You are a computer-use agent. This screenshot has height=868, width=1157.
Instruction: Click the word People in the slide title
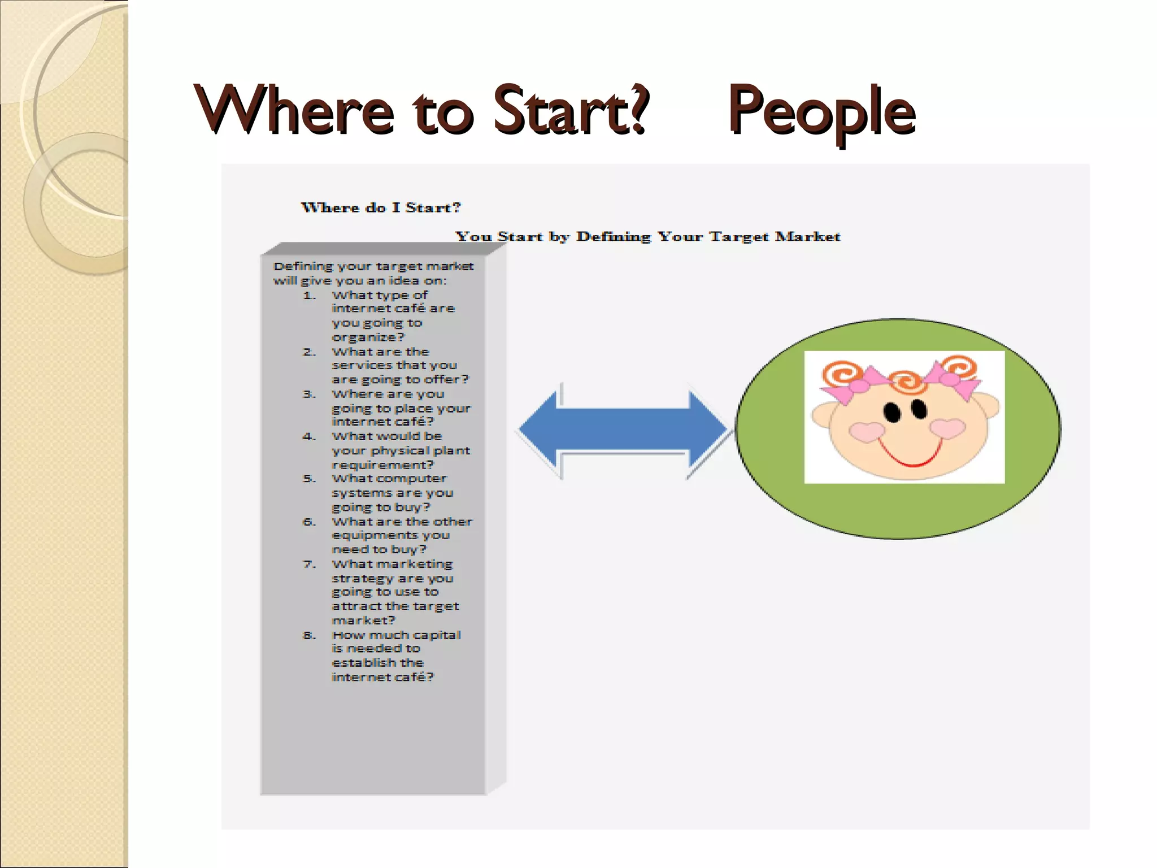tap(822, 111)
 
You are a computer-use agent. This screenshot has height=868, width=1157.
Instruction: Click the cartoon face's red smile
tap(911, 455)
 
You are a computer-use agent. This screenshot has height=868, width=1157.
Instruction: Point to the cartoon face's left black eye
tap(892, 412)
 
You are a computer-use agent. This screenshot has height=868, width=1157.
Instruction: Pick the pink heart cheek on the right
tap(947, 428)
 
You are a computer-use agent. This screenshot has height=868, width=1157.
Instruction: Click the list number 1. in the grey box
tap(309, 296)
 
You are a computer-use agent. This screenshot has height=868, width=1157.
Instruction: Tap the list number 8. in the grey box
tap(309, 635)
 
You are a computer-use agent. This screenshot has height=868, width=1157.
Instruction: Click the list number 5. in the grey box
tap(309, 479)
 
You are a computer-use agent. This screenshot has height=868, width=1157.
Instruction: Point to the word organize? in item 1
tap(368, 337)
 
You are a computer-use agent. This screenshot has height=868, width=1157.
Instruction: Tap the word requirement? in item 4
tap(382, 465)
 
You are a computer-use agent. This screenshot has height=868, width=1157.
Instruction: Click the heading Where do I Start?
tap(381, 207)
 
